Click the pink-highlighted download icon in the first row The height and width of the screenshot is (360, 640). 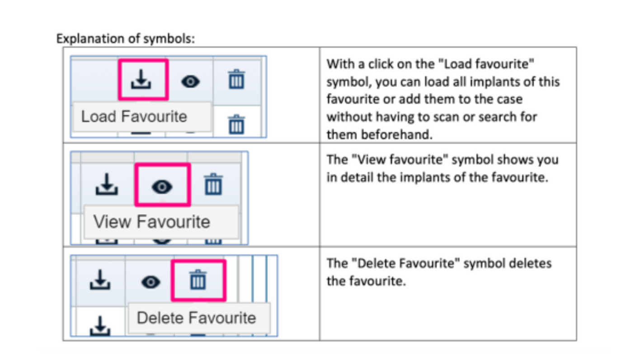tap(141, 79)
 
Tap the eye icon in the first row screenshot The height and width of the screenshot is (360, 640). tap(191, 82)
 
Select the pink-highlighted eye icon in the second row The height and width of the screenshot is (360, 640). tap(162, 187)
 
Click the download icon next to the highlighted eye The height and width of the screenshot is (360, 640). tap(107, 184)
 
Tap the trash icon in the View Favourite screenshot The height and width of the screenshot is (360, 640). tap(213, 184)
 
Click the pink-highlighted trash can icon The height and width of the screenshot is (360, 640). tap(198, 280)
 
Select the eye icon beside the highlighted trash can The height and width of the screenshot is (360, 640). tap(151, 282)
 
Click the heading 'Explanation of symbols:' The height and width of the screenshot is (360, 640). tap(126, 38)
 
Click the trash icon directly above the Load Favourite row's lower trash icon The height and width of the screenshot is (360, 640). tap(236, 79)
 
